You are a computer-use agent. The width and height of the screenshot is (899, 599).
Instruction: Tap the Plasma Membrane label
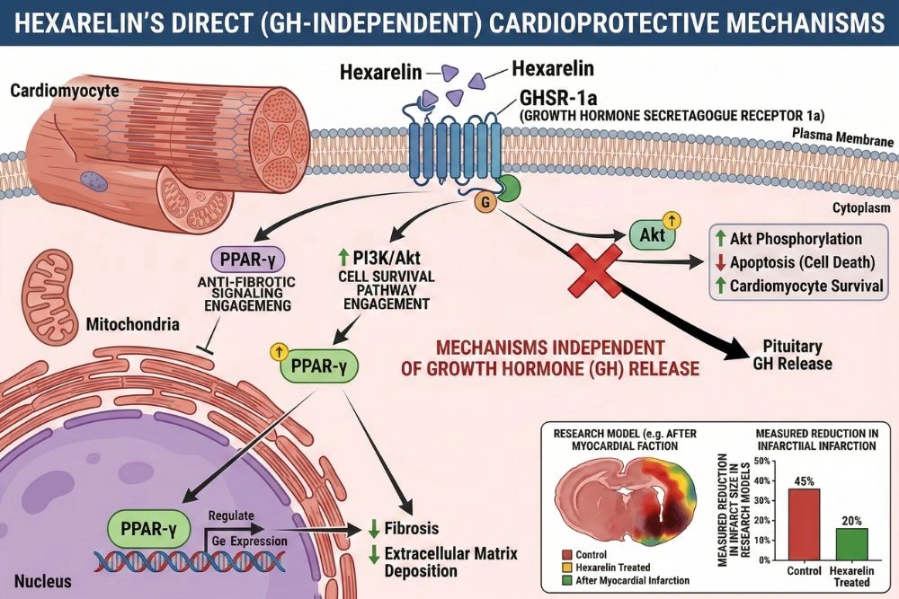tap(842, 141)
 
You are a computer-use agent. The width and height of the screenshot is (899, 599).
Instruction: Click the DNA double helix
tap(189, 560)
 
